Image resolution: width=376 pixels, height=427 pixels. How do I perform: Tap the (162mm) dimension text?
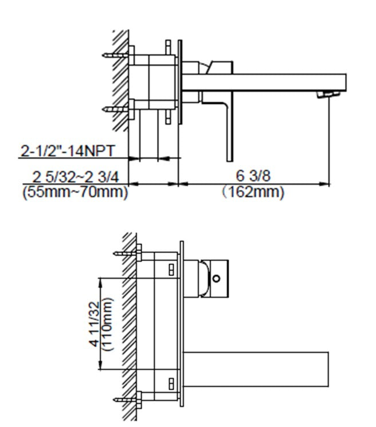point(253,192)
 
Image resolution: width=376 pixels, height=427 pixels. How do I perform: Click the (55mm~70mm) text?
point(75,192)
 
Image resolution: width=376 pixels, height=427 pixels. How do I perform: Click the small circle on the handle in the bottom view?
point(216,278)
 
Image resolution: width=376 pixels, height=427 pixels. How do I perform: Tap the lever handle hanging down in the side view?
point(229,129)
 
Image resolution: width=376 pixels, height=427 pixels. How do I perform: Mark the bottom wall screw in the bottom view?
point(126,398)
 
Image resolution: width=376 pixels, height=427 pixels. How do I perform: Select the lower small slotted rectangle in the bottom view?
point(171,382)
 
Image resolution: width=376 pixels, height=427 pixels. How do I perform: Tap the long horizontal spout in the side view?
point(269,81)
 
